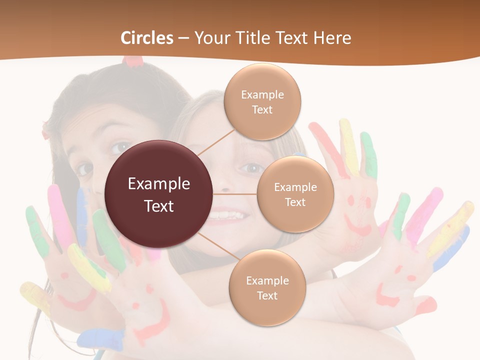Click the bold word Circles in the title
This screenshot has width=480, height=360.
coord(147,38)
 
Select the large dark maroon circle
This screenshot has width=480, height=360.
coord(159,194)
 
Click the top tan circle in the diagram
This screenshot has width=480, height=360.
coord(262,101)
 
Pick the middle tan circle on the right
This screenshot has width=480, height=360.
coord(295,194)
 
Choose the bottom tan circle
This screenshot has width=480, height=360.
coord(267,287)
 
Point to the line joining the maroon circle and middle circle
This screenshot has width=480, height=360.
coord(235,194)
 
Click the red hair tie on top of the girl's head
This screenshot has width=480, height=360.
coord(133,61)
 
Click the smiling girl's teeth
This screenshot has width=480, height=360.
coord(228,216)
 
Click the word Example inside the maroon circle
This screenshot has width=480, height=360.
coord(159,184)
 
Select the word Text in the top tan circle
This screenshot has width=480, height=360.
coord(262,109)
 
